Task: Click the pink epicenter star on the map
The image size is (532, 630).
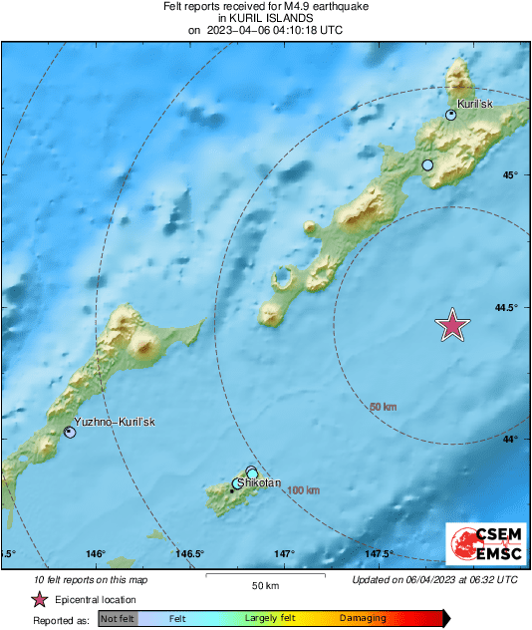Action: (453, 325)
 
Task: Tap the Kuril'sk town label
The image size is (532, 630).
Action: (474, 104)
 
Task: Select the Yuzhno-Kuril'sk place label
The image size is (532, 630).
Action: (116, 422)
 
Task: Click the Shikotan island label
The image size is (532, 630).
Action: (257, 482)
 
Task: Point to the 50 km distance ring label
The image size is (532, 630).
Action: (384, 407)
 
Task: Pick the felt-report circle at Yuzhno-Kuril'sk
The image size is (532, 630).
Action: (70, 432)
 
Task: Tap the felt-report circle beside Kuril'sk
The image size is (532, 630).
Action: (451, 116)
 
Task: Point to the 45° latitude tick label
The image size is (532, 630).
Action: (510, 175)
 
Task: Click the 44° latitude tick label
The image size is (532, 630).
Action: (510, 439)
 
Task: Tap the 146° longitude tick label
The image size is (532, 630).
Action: (96, 554)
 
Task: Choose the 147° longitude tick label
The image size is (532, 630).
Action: (285, 554)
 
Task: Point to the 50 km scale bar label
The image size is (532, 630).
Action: (264, 585)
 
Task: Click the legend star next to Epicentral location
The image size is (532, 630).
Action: (39, 599)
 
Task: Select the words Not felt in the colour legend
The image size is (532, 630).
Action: (118, 619)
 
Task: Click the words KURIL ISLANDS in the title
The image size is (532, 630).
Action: (265, 18)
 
